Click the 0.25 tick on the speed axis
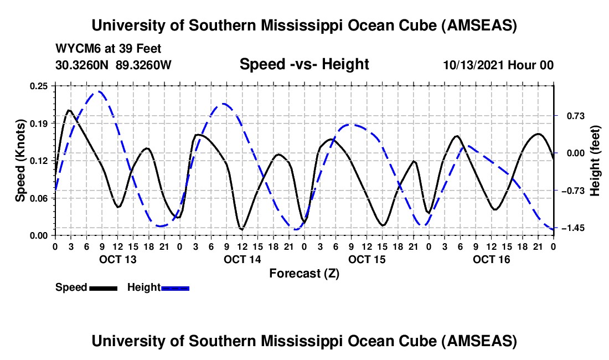coord(39,85)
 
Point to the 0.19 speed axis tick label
coord(39,123)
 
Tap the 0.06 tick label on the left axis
coord(39,198)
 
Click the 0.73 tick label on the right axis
coord(570,116)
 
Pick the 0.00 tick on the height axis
coord(570,153)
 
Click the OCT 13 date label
coord(117,259)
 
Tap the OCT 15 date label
coord(367,259)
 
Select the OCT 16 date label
coord(492,259)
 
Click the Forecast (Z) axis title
coord(304,273)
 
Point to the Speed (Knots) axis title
coord(20,161)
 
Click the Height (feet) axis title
coord(595,161)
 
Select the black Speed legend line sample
coord(103,287)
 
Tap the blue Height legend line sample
coord(176,287)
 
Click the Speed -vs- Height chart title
coord(304,65)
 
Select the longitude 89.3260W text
coord(144,65)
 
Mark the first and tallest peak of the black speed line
coord(69,110)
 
